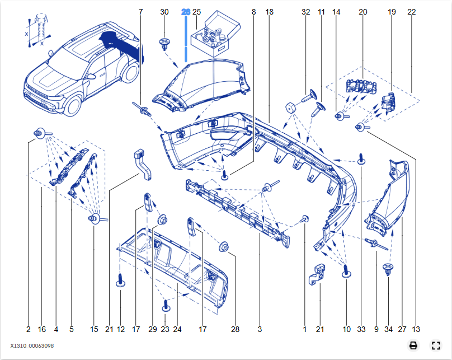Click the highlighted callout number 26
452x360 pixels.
pyautogui.click(x=186, y=12)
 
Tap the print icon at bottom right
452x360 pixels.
pyautogui.click(x=413, y=345)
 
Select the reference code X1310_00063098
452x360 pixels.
pyautogui.click(x=32, y=346)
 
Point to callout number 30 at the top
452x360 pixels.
pyautogui.click(x=164, y=12)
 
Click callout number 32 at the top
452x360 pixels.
pyautogui.click(x=305, y=12)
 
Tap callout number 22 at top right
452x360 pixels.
pyautogui.click(x=412, y=12)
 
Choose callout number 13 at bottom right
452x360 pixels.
pyautogui.click(x=416, y=329)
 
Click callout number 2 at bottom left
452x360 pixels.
pyautogui.click(x=28, y=329)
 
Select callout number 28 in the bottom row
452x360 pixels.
pyautogui.click(x=235, y=329)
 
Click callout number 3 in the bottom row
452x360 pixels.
pyautogui.click(x=260, y=329)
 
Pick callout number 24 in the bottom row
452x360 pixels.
pyautogui.click(x=177, y=329)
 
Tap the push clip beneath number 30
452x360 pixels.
pyautogui.click(x=164, y=43)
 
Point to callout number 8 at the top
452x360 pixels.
pyautogui.click(x=254, y=12)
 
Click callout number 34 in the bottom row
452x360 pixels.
pyautogui.click(x=388, y=329)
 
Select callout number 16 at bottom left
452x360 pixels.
pyautogui.click(x=42, y=329)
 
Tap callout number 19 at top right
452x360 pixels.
pyautogui.click(x=392, y=12)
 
